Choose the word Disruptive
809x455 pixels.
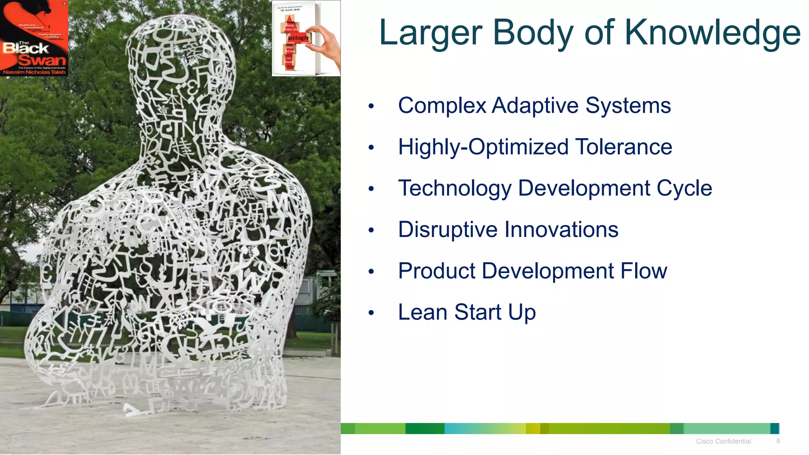(448, 229)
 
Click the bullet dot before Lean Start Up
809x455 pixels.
(371, 313)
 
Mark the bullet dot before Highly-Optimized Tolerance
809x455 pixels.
(371, 148)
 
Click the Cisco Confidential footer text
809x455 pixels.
(723, 441)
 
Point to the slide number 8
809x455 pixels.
(778, 441)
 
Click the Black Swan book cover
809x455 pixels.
(34, 38)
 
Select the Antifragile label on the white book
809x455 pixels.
(298, 38)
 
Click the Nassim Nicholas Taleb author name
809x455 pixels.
(34, 72)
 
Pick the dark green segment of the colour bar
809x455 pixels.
(425, 429)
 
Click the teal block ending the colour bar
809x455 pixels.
(775, 429)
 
